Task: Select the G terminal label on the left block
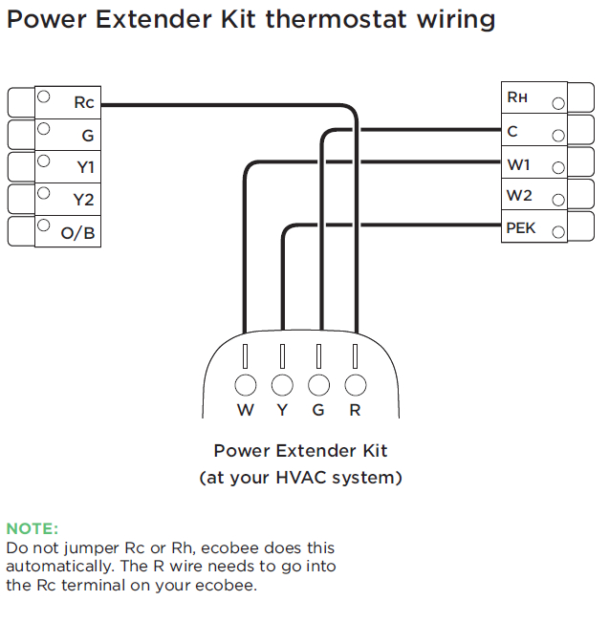[87, 137]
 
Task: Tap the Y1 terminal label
[85, 168]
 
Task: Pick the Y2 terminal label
[85, 201]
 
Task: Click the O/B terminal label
[78, 233]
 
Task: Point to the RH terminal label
[516, 97]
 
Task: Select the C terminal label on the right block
[512, 131]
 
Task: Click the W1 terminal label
[518, 164]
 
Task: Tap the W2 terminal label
[519, 196]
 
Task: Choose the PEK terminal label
[521, 228]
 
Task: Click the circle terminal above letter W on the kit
[246, 384]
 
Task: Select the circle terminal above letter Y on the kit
[282, 384]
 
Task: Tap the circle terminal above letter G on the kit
[318, 384]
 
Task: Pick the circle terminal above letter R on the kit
[355, 384]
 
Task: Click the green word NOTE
[33, 528]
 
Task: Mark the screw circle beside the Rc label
[43, 97]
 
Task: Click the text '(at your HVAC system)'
[300, 478]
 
